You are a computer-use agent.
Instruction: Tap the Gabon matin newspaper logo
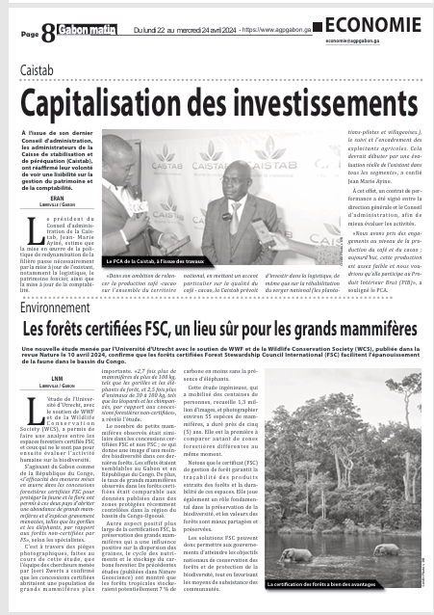pyautogui.click(x=85, y=33)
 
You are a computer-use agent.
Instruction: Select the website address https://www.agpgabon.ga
pyautogui.click(x=288, y=31)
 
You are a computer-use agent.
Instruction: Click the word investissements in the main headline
pyautogui.click(x=312, y=101)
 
